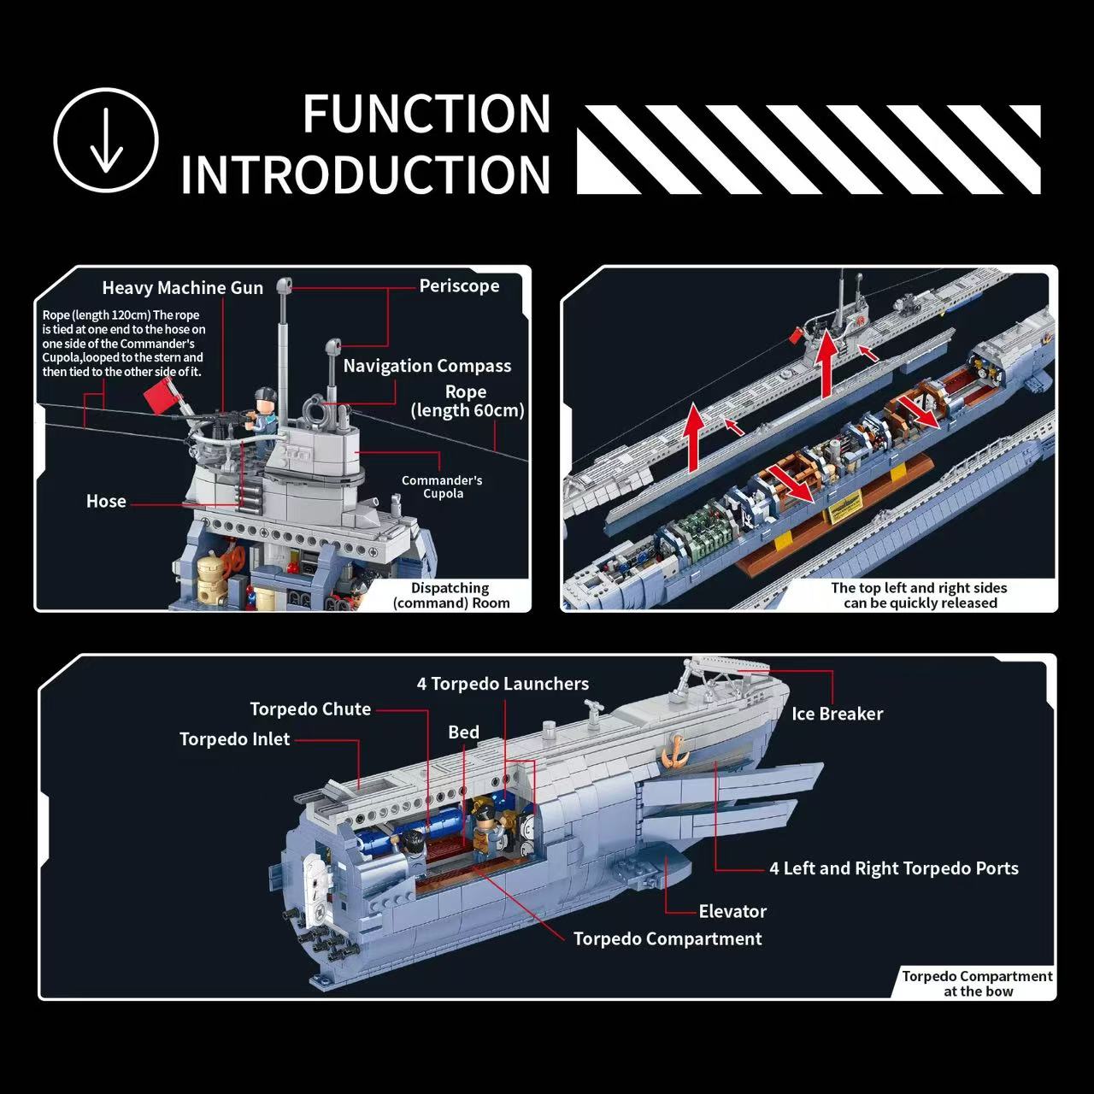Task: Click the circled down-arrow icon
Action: click(106, 140)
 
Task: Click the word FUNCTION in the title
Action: click(426, 114)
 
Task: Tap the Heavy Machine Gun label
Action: click(182, 288)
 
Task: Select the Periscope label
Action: click(459, 286)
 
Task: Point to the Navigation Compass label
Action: click(427, 366)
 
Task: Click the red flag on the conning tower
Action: click(161, 398)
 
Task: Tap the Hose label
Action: click(106, 502)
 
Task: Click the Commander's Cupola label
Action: click(442, 486)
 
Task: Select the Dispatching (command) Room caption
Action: click(450, 595)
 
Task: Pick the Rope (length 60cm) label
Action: click(467, 401)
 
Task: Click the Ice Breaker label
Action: click(837, 714)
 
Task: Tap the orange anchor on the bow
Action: click(674, 750)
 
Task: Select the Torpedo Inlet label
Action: click(234, 739)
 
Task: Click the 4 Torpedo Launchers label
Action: click(503, 684)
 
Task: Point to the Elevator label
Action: click(732, 911)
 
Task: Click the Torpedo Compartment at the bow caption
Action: click(977, 984)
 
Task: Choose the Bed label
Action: click(463, 732)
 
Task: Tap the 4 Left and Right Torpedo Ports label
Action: click(893, 868)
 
